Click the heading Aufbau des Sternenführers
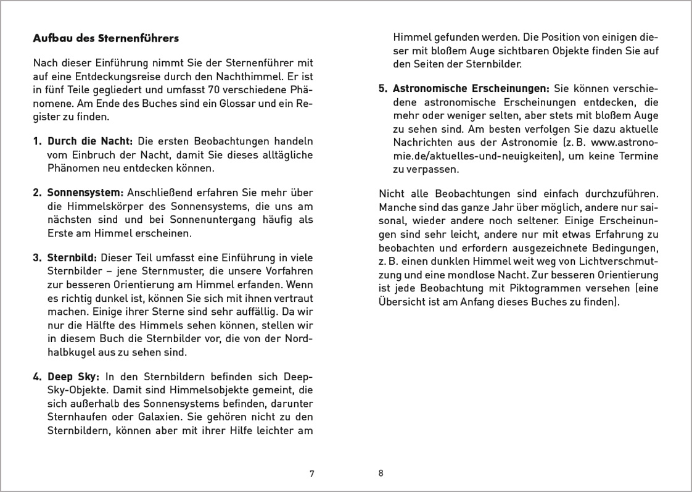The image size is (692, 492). (x=105, y=38)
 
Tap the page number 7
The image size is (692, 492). (x=311, y=473)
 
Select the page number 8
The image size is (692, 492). (x=381, y=473)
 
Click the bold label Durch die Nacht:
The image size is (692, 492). (x=91, y=141)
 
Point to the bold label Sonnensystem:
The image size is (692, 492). (x=86, y=192)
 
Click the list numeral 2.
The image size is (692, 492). (x=36, y=192)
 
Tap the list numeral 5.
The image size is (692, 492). (x=382, y=88)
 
